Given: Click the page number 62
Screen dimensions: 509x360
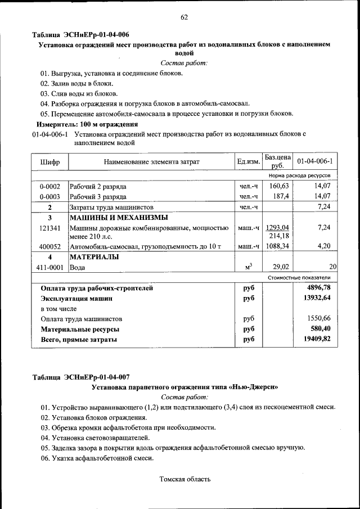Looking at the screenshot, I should point(184,17).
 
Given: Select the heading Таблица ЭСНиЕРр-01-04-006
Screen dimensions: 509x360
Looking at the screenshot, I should point(81,35).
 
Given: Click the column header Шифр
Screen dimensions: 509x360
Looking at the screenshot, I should point(49,162).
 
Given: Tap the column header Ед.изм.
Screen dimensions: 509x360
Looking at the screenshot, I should point(248,162).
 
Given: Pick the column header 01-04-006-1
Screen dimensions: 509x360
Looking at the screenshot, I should point(315,162).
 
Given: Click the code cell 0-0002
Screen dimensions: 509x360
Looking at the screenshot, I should point(49,186).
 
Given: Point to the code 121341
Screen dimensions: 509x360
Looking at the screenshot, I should point(49,228).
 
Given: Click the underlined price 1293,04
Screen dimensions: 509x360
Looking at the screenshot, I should point(277,227).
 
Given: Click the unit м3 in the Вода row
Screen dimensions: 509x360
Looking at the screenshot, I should point(248,267).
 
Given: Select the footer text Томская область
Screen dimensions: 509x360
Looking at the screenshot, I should point(185,479).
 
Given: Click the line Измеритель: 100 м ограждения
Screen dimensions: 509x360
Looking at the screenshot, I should point(87,124).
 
